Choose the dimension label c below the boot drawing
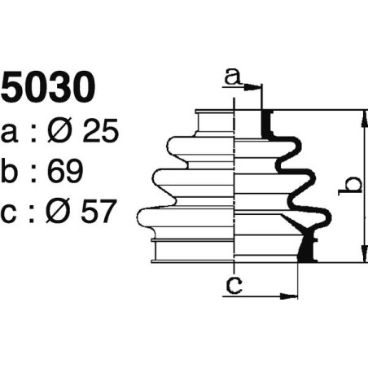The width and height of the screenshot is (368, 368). coord(234,285)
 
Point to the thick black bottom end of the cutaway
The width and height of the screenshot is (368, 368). coord(307,249)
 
